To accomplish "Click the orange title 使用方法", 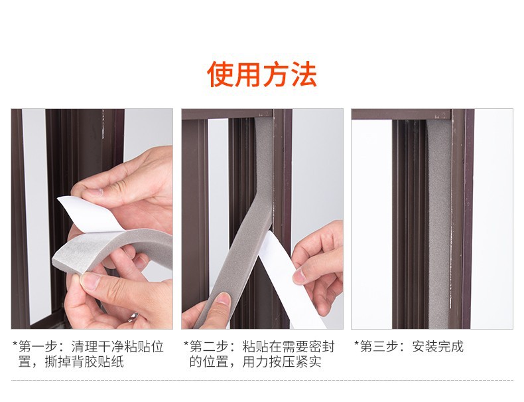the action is (261, 74).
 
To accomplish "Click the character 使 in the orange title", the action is (220, 74).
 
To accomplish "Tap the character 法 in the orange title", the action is (304, 74).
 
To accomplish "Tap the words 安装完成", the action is (438, 346).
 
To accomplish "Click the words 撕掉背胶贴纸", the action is (84, 362).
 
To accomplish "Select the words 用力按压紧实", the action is (282, 362).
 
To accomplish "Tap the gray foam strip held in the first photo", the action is (113, 248).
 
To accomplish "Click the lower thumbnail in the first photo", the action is (90, 281).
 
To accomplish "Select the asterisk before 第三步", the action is (357, 344).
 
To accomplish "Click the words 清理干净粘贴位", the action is (117, 346).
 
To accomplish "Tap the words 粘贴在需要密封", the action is (289, 346).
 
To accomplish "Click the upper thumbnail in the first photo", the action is (97, 192).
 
